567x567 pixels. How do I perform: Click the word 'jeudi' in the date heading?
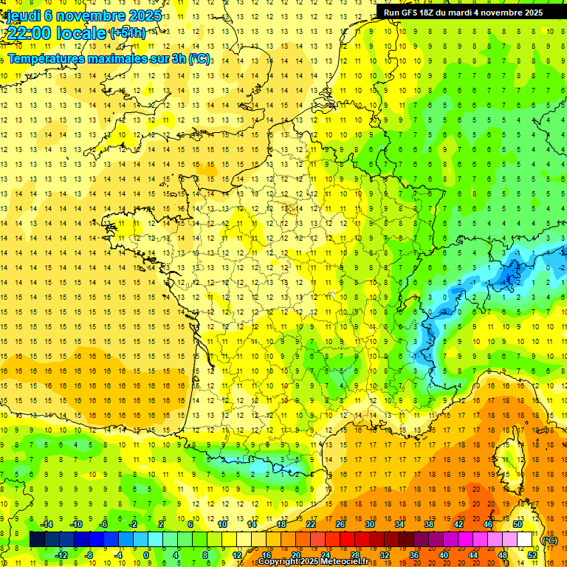click(x=23, y=16)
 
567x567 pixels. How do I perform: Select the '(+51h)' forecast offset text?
click(x=127, y=33)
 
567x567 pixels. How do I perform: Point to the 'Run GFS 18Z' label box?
click(x=463, y=12)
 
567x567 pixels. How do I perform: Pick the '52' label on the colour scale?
click(x=532, y=554)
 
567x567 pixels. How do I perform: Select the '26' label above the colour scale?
click(x=340, y=524)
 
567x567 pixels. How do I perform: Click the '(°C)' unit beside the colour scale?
click(x=550, y=540)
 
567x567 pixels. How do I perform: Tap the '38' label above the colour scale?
click(x=429, y=524)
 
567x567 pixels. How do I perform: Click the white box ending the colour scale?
click(x=525, y=540)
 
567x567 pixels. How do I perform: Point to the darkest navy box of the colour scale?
click(x=37, y=540)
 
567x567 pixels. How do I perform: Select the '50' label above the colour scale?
click(x=518, y=524)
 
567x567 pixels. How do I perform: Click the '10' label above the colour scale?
click(x=222, y=524)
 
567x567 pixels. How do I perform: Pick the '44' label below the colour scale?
click(x=473, y=554)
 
